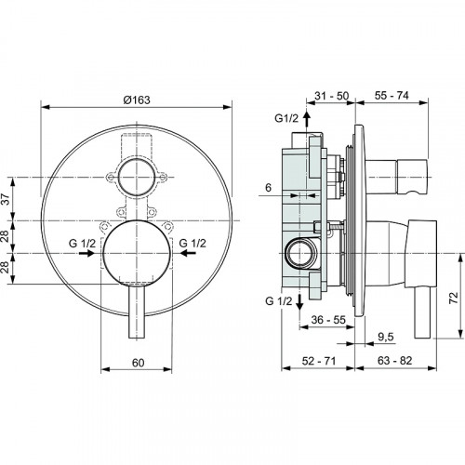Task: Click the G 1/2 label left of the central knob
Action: (82, 243)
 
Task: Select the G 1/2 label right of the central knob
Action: (193, 243)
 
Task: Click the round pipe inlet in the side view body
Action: (300, 250)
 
